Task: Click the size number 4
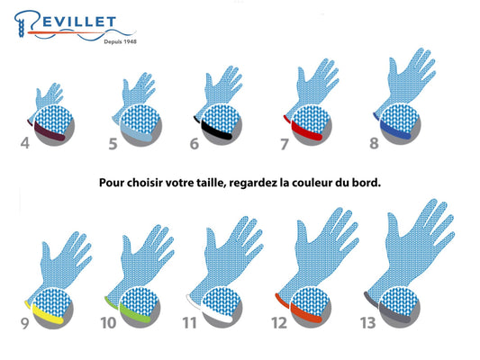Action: pyautogui.click(x=25, y=143)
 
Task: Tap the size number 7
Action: pyautogui.click(x=285, y=144)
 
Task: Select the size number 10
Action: pyautogui.click(x=109, y=323)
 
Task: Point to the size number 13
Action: pyautogui.click(x=367, y=323)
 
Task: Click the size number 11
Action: pyautogui.click(x=189, y=323)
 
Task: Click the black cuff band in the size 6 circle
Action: pyautogui.click(x=216, y=131)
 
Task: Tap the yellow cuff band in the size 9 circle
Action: pyautogui.click(x=47, y=314)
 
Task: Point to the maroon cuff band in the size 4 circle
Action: pyautogui.click(x=49, y=132)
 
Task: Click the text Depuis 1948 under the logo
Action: pyautogui.click(x=120, y=41)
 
